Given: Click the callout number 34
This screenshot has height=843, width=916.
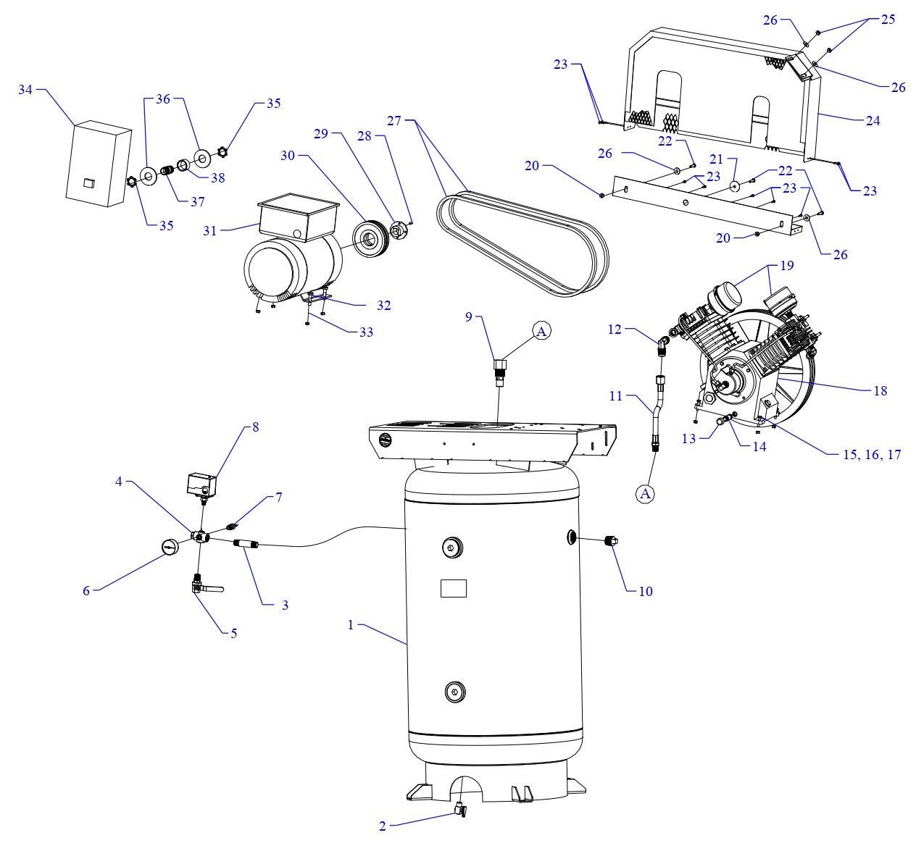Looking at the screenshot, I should coord(25,90).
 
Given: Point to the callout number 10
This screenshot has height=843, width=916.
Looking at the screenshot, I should coord(645,591).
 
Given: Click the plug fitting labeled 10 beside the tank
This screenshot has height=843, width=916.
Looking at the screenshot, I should coord(610,540).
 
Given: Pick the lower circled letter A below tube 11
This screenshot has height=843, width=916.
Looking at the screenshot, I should coord(645,493).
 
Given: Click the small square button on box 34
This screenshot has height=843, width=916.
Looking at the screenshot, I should coord(88,182).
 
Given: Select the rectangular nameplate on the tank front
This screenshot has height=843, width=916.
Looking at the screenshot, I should coord(454,588).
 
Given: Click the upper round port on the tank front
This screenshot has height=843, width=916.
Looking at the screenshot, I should coord(452,548).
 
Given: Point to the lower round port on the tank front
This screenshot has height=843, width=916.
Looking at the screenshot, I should coord(454,692).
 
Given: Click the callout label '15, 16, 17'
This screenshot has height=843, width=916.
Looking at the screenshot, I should coord(873,455).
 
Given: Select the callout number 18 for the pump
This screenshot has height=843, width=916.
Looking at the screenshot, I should coord(880,390).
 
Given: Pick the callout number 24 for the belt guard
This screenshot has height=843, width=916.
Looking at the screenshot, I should coord(873,121).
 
